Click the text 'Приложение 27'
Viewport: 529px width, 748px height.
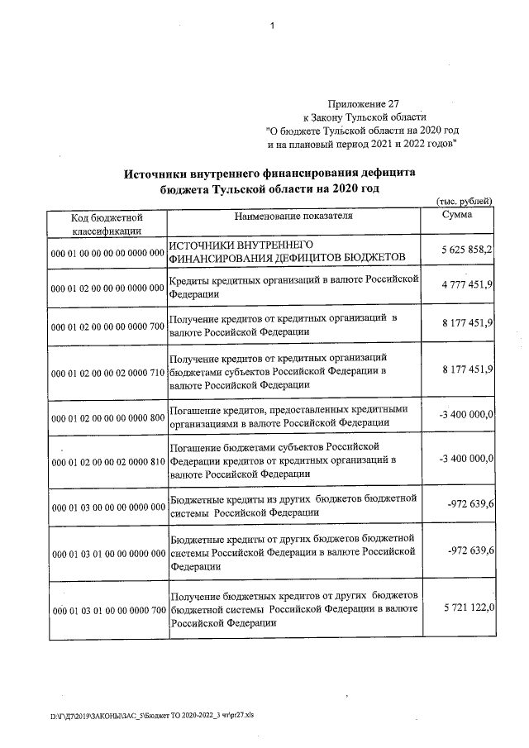[363, 105]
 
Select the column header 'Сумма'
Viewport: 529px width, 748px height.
[458, 214]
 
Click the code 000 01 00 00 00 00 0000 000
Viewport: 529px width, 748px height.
[107, 253]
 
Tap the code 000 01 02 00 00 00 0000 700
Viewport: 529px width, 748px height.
[107, 327]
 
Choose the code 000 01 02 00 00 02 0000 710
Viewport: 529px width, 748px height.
[107, 374]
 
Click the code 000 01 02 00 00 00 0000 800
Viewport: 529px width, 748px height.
[107, 420]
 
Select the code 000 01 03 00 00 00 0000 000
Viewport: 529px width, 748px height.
[107, 507]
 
